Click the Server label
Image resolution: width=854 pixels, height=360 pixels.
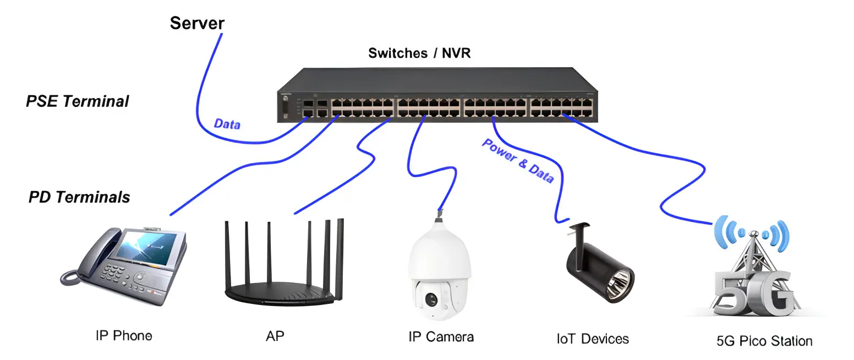point(197,23)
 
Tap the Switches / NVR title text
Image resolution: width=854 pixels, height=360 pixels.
point(419,53)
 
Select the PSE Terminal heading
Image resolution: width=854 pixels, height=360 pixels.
point(78,101)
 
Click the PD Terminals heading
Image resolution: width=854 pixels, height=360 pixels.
point(79,197)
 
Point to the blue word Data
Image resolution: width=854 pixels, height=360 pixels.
point(227,124)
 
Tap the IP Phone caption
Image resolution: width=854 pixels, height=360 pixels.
point(124,335)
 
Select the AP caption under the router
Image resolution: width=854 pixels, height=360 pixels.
point(275,336)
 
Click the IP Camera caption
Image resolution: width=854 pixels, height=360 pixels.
point(441,336)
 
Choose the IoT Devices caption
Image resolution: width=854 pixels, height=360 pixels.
point(593,338)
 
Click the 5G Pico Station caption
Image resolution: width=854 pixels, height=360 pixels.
point(764,341)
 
